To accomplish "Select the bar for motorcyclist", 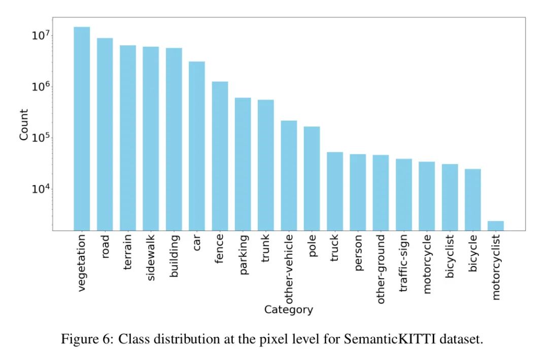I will pos(496,225).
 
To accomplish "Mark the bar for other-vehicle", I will pos(289,175).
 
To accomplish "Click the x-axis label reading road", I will pos(105,247).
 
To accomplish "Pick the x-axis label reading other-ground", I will pos(381,269).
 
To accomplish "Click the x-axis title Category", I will pos(288,310).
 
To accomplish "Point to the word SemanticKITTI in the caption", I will pos(384,339).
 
